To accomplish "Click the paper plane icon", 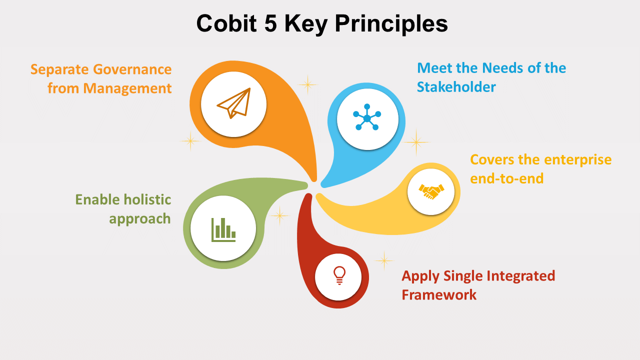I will click(x=233, y=104).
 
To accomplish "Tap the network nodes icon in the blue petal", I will click(x=367, y=118).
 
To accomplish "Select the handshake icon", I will click(x=431, y=191).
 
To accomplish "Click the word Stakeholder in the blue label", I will click(x=456, y=87).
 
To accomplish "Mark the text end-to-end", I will click(x=506, y=178).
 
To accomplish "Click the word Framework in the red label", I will click(x=439, y=294).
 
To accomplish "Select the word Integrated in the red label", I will click(x=519, y=275).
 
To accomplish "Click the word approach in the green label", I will click(x=140, y=219).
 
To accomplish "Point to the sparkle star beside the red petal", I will click(x=384, y=260).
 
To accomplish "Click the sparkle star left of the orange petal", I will click(x=190, y=140).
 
